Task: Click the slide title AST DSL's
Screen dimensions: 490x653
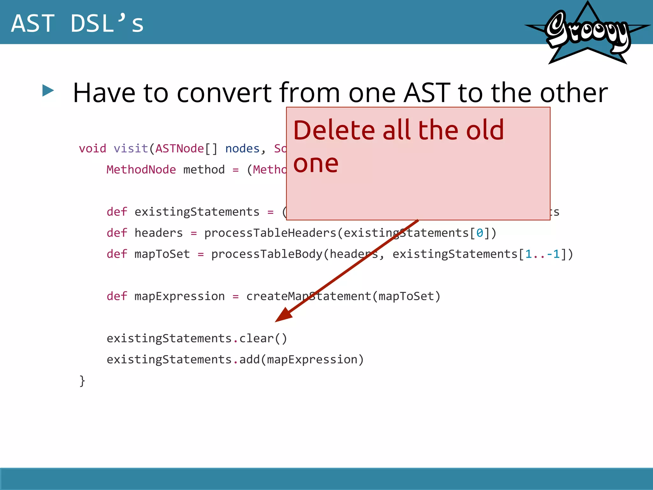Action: pos(77,23)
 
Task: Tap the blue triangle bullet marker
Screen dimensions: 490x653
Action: pos(48,91)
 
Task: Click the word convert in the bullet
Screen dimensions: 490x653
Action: pos(224,93)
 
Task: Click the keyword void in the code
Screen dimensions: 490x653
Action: pos(92,149)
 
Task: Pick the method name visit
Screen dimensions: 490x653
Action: pos(131,149)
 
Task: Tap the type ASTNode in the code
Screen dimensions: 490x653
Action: pos(180,149)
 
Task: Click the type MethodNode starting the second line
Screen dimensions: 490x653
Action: pos(141,170)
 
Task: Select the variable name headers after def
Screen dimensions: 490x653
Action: pos(158,233)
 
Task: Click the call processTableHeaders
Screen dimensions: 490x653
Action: pos(270,233)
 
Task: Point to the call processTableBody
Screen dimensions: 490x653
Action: pos(267,254)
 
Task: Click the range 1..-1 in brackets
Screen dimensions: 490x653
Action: pos(542,254)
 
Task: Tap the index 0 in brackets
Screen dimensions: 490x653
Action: pos(480,233)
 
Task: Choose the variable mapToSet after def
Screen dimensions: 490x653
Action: pos(162,254)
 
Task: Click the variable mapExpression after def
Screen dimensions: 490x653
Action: pos(180,296)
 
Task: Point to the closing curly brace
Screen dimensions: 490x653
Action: pos(82,381)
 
